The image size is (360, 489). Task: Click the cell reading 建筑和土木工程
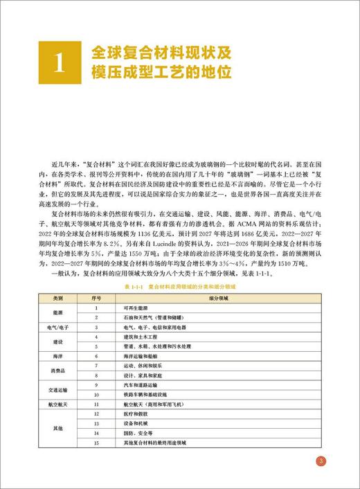(141, 335)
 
